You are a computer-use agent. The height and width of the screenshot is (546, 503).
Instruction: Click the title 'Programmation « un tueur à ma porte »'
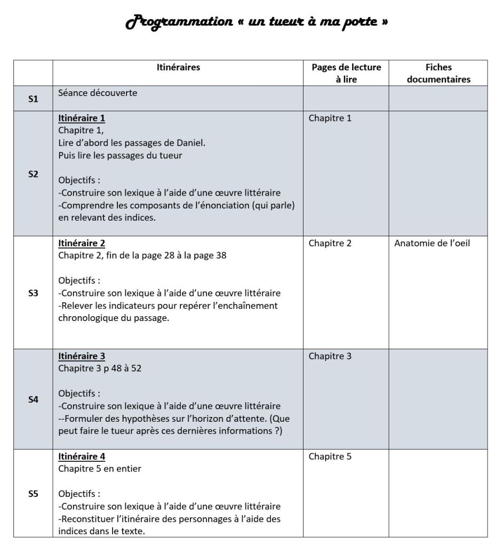[x=256, y=22]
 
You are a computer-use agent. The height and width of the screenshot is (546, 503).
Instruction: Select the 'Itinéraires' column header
[x=178, y=67]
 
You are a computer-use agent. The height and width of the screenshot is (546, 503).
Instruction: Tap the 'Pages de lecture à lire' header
[x=346, y=73]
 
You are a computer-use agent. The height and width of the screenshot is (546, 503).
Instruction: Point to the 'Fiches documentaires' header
[x=438, y=73]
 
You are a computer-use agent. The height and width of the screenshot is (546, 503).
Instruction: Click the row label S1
[x=33, y=99]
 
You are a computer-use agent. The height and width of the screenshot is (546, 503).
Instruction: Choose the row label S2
[x=33, y=174]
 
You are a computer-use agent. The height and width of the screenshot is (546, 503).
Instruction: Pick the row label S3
[x=33, y=293]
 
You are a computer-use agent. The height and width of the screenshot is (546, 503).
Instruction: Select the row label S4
[x=33, y=399]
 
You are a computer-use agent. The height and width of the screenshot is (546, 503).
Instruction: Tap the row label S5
[x=33, y=494]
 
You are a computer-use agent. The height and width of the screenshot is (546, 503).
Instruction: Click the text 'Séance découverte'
[x=98, y=93]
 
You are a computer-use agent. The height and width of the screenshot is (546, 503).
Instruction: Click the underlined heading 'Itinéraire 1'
[x=82, y=118]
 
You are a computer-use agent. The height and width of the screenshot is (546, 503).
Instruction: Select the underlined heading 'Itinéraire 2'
[x=82, y=243]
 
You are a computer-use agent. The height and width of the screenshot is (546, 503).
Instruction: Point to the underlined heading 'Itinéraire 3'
[x=82, y=356]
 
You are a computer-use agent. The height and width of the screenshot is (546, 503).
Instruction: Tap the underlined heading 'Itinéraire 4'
[x=82, y=456]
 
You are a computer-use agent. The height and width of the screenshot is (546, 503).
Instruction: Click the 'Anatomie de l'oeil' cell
[x=432, y=243]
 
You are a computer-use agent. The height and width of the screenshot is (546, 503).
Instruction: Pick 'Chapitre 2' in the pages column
[x=330, y=243]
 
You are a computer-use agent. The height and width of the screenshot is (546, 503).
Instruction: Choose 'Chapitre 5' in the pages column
[x=330, y=456]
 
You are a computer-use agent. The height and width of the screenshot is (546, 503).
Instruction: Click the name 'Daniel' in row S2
[x=191, y=143]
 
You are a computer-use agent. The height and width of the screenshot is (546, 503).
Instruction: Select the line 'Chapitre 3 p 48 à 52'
[x=100, y=368]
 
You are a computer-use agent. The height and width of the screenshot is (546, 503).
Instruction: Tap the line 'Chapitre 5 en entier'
[x=100, y=469]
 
